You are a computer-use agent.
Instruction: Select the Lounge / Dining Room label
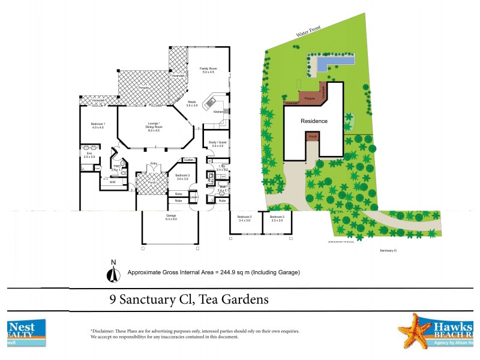pyautogui.click(x=154, y=125)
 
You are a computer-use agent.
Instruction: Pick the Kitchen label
pyautogui.click(x=218, y=112)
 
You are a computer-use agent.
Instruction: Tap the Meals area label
pyautogui.click(x=192, y=102)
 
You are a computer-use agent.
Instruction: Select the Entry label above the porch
pyautogui.click(x=154, y=163)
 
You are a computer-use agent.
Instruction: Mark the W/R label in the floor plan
pyautogui.click(x=112, y=181)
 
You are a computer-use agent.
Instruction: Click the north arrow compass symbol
pyautogui.click(x=111, y=272)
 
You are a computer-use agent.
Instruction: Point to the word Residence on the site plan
pyautogui.click(x=314, y=121)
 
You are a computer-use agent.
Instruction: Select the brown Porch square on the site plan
pyautogui.click(x=312, y=137)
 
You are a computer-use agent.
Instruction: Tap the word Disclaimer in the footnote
pyautogui.click(x=105, y=331)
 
